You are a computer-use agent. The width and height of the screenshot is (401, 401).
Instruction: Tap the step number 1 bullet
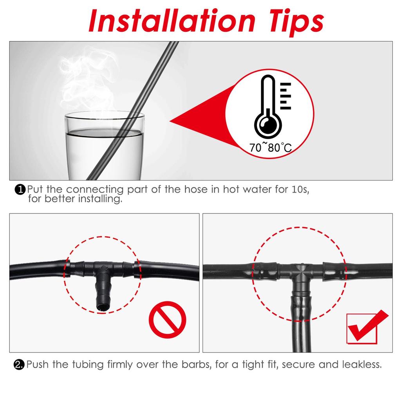(x=20, y=190)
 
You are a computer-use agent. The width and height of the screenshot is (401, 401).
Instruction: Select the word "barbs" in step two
(x=195, y=365)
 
